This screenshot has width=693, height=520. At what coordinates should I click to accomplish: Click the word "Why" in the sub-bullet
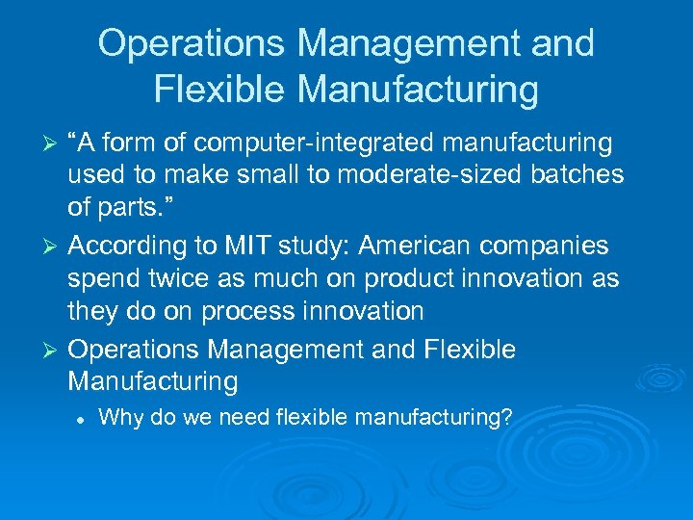pyautogui.click(x=118, y=417)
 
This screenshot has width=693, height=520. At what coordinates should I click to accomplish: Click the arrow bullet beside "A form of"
pyautogui.click(x=54, y=144)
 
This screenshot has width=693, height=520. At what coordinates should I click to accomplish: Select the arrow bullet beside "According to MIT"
pyautogui.click(x=54, y=247)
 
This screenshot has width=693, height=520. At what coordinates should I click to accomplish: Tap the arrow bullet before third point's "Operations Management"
pyautogui.click(x=54, y=351)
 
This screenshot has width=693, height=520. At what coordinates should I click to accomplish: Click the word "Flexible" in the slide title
pyautogui.click(x=220, y=89)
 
